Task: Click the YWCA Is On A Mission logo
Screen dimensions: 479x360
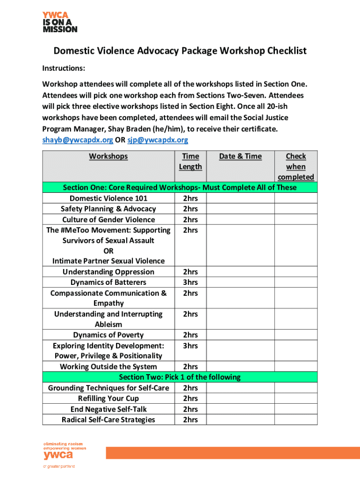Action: tap(60, 22)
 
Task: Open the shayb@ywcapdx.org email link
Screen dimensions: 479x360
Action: tap(78, 140)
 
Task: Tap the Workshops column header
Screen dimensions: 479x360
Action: tap(108, 156)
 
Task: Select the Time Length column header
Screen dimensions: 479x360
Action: tap(190, 161)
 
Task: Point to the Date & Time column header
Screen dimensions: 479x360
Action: tap(240, 156)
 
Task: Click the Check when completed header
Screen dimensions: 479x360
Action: tap(295, 167)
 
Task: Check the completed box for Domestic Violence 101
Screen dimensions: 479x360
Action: tap(295, 198)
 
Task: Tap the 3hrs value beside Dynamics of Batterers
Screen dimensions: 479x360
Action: tap(190, 283)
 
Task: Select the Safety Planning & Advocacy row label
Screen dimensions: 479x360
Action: tap(108, 209)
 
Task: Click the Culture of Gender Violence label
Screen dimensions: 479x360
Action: tap(108, 219)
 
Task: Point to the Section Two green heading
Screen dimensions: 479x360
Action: tap(180, 377)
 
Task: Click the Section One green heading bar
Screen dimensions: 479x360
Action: tap(180, 188)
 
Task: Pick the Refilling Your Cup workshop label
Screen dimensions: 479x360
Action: tap(108, 399)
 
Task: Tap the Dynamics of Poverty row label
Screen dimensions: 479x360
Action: tap(108, 335)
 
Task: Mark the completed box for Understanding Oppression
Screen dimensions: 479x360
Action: tap(295, 272)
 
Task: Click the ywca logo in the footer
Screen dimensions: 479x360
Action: tap(58, 453)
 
